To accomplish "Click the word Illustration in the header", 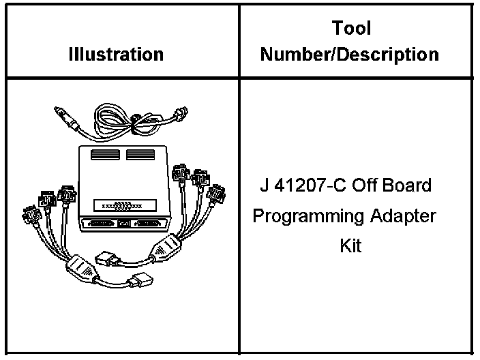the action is (116, 54).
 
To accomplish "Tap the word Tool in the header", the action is (351, 29).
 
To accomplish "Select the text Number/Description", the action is (350, 54).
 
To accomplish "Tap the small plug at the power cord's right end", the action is (182, 117).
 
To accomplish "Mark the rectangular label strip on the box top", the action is (123, 205).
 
